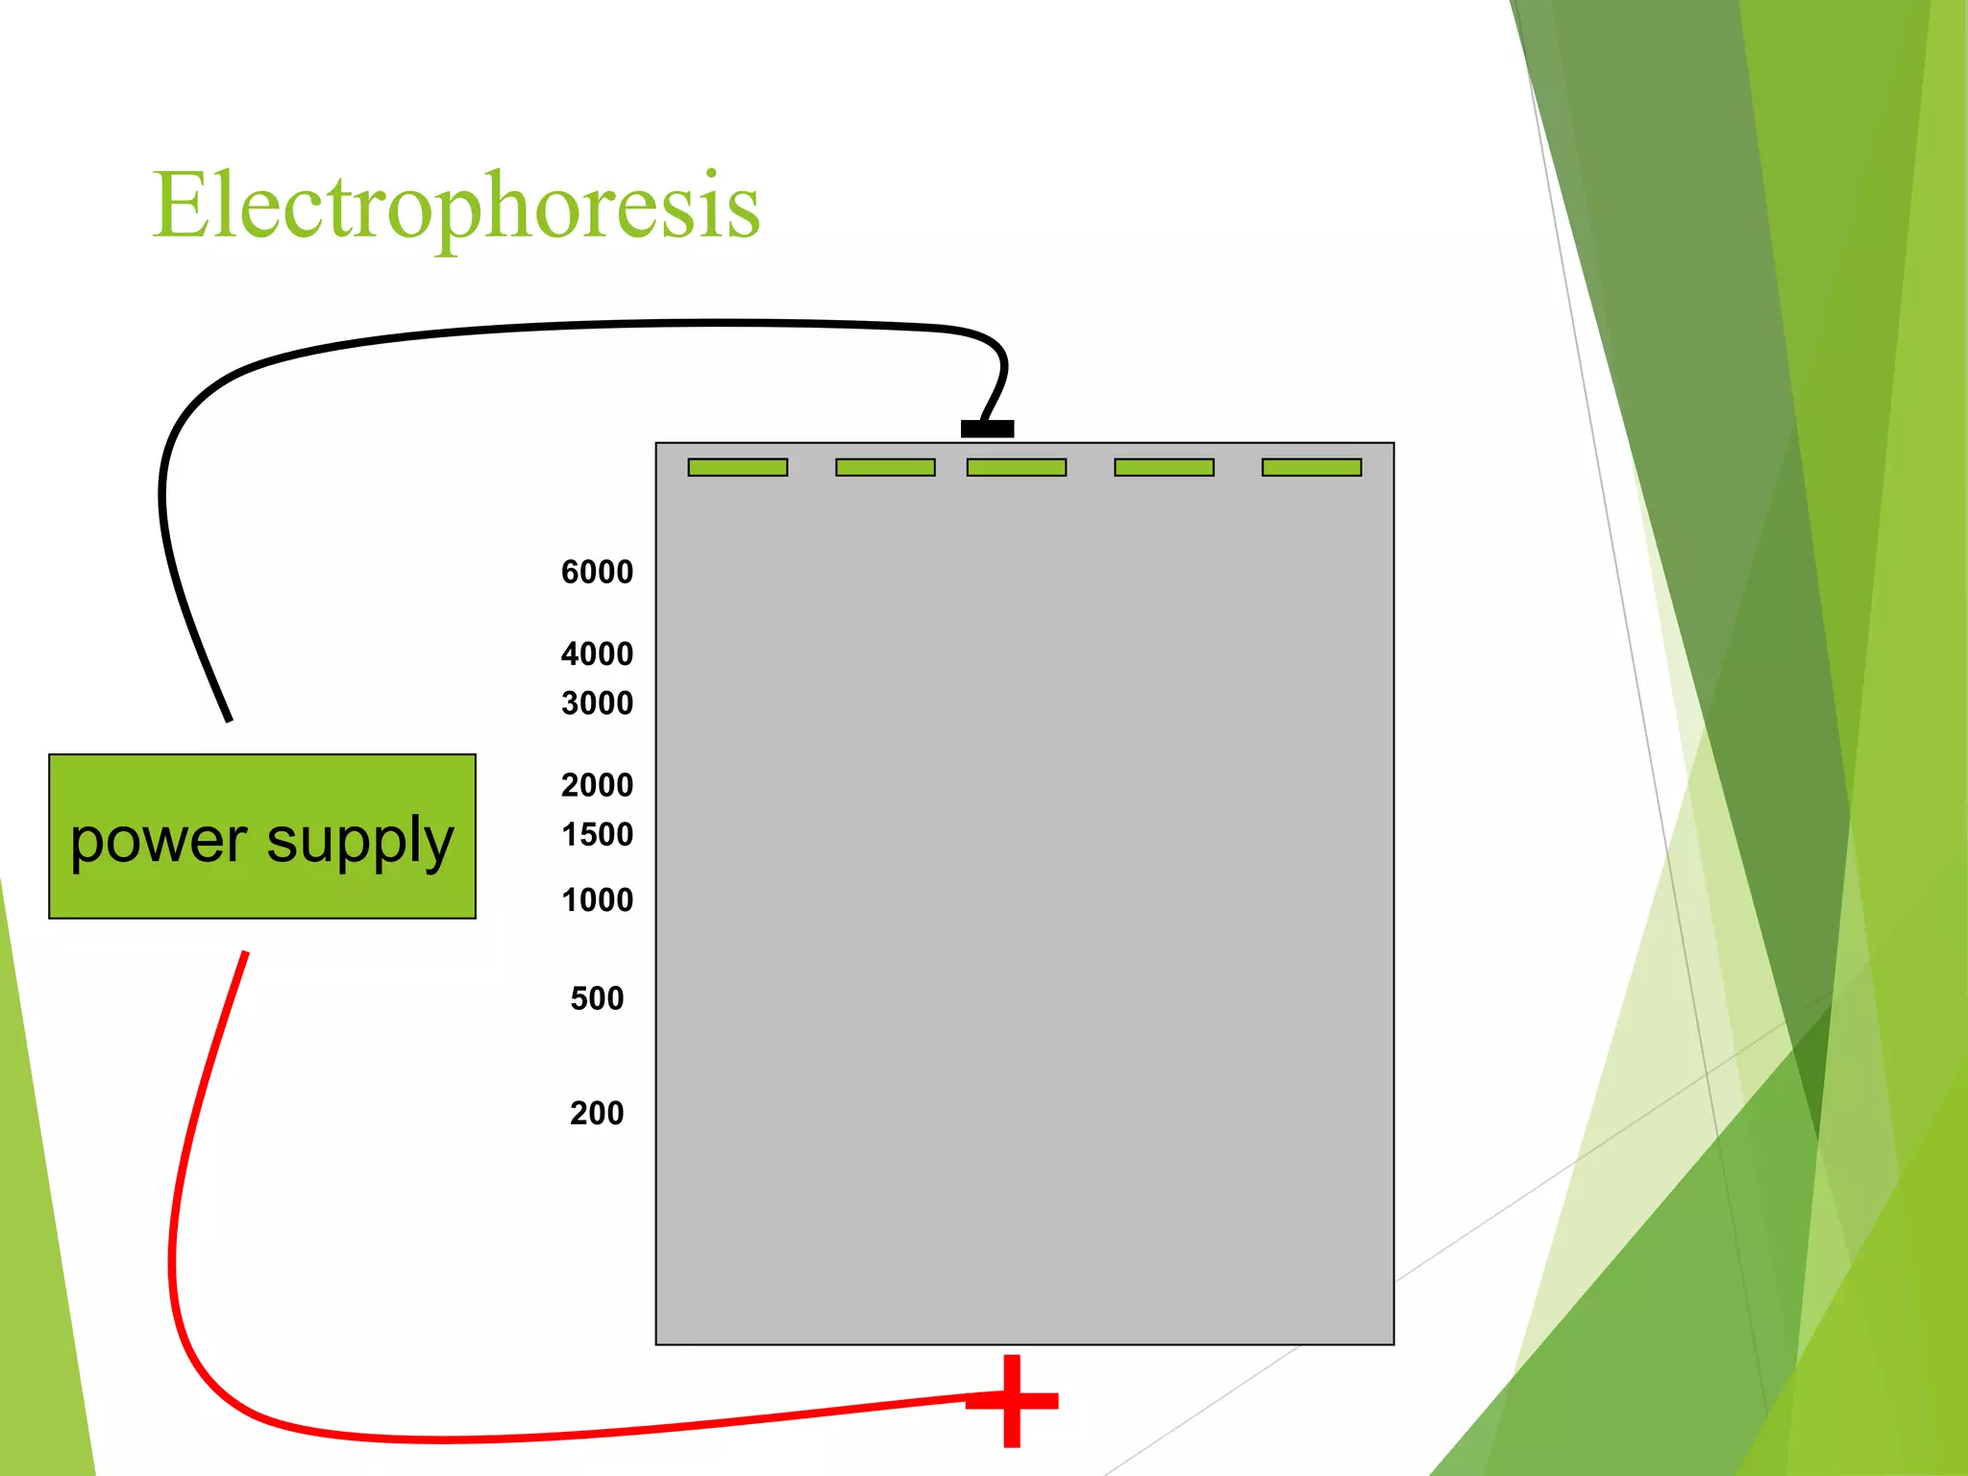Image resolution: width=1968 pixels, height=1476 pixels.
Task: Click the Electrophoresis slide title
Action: tap(456, 206)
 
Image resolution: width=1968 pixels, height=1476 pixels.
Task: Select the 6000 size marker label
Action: tap(597, 572)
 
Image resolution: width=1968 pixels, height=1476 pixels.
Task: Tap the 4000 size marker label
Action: tap(597, 653)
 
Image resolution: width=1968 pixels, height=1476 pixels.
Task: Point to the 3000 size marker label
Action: tap(597, 702)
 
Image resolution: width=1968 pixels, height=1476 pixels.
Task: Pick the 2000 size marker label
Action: tap(597, 785)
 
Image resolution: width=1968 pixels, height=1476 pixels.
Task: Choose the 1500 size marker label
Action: tap(597, 834)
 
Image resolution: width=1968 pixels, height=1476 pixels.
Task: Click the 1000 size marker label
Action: tap(597, 899)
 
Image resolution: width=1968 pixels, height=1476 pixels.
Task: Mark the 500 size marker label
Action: tap(597, 998)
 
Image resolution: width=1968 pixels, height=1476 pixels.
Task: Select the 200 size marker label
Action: tap(597, 1113)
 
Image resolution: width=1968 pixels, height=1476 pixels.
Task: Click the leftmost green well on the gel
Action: tap(738, 467)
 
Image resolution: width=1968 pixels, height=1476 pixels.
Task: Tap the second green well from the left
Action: tap(885, 467)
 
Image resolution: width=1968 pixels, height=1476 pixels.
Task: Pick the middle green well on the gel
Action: tap(1017, 467)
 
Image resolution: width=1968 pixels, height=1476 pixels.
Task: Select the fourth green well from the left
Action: tap(1164, 467)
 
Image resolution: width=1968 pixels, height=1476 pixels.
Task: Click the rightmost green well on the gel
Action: tap(1312, 467)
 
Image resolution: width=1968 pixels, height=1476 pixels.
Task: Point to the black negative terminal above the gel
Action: tap(987, 429)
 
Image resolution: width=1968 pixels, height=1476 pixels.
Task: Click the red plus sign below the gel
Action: tap(1012, 1400)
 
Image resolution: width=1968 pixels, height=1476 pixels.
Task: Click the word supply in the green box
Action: tap(359, 842)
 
